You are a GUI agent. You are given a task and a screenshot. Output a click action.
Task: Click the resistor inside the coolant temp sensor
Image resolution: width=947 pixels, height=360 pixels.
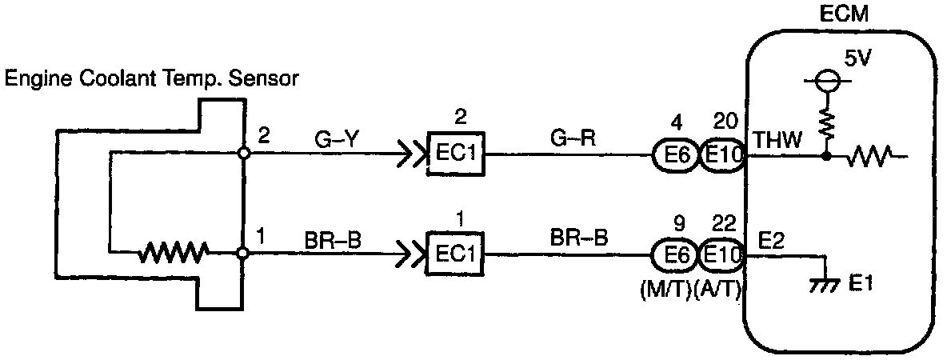coord(173,254)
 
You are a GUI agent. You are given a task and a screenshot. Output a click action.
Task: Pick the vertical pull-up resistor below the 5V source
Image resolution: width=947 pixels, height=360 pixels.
coord(826,123)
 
